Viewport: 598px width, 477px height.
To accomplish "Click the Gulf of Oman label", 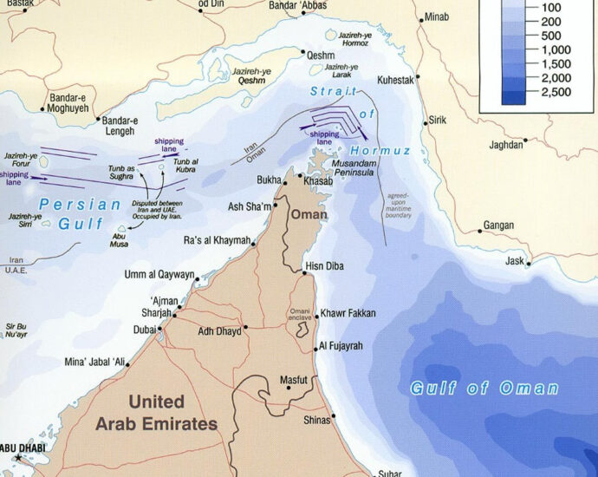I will point(484,389).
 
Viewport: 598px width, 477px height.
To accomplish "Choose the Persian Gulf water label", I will point(80,212).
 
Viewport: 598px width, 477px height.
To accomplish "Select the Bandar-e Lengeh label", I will point(119,126).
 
